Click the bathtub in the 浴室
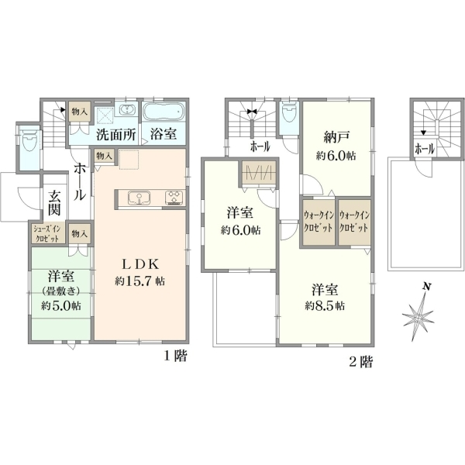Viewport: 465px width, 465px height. pyautogui.click(x=164, y=112)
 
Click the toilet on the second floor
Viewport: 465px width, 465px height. pyautogui.click(x=289, y=112)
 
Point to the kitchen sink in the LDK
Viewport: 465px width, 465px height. pyautogui.click(x=139, y=198)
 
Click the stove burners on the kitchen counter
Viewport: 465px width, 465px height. pyautogui.click(x=174, y=198)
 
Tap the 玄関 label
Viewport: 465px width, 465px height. pyautogui.click(x=54, y=203)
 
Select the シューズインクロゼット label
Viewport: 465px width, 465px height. pyautogui.click(x=47, y=234)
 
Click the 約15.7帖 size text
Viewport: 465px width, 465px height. pyautogui.click(x=139, y=281)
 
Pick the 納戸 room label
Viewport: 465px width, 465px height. pyautogui.click(x=336, y=138)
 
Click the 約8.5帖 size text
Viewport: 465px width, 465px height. pyautogui.click(x=325, y=305)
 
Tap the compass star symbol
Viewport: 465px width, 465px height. pyautogui.click(x=418, y=317)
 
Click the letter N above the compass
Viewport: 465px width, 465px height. pyautogui.click(x=427, y=287)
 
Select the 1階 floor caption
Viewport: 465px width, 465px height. pyautogui.click(x=176, y=356)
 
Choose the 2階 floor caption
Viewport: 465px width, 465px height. pyautogui.click(x=361, y=362)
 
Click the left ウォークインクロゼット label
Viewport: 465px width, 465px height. pyautogui.click(x=319, y=222)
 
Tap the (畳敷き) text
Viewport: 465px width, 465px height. pyautogui.click(x=61, y=291)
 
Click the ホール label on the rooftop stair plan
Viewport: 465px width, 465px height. pyautogui.click(x=425, y=149)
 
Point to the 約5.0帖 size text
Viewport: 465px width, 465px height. pyautogui.click(x=61, y=305)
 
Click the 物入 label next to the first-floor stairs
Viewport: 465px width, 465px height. pyautogui.click(x=80, y=112)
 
